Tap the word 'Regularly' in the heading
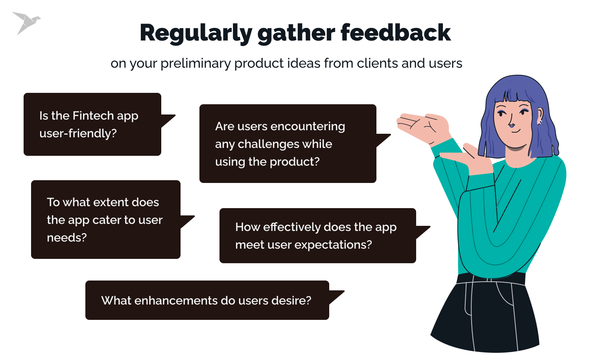click(x=195, y=33)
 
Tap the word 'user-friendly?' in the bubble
click(x=78, y=134)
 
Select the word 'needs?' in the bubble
click(x=66, y=238)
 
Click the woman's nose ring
click(x=511, y=126)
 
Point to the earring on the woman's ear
click(x=540, y=122)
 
